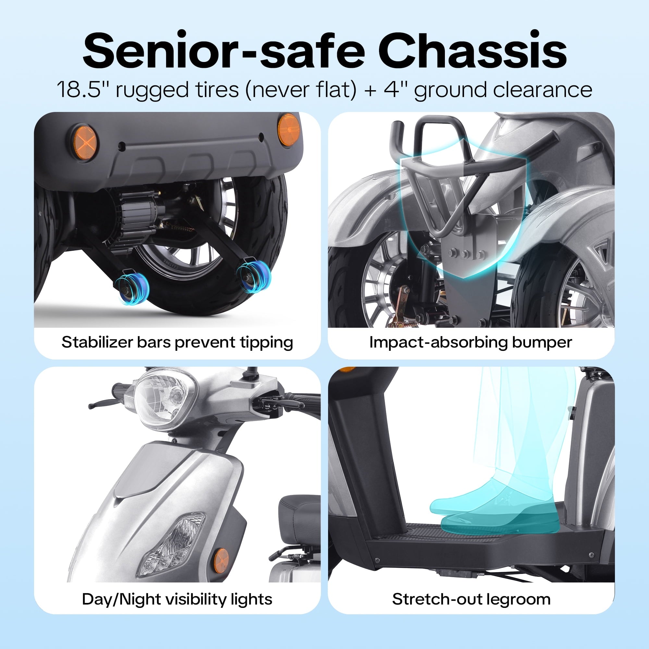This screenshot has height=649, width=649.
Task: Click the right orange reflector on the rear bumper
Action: pos(288,130)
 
